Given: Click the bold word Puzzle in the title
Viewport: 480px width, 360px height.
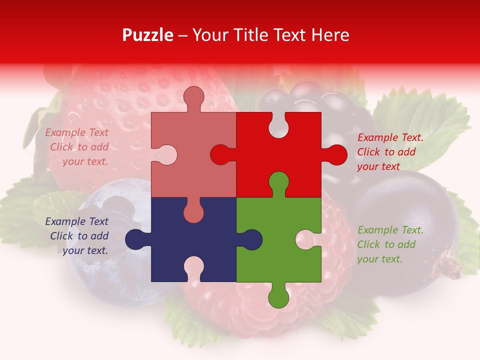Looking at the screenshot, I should (147, 35).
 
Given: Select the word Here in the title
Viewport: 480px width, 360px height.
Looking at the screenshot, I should (330, 35).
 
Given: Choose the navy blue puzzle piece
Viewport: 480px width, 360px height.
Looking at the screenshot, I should (170, 245).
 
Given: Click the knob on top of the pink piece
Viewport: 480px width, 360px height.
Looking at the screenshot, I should (193, 97).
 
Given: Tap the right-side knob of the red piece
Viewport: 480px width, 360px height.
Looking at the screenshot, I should (336, 154).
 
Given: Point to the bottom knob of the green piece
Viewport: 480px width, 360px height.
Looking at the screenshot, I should (278, 297).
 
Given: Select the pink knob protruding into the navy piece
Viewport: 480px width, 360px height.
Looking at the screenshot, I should (193, 212).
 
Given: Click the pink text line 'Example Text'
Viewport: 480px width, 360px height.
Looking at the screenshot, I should (77, 132).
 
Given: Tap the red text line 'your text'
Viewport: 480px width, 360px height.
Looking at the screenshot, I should (378, 167).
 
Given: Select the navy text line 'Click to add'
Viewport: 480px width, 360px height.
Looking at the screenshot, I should (79, 236).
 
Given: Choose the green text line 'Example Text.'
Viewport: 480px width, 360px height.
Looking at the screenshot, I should (390, 230).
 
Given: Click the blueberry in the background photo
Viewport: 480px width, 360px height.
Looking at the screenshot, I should (100, 240).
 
